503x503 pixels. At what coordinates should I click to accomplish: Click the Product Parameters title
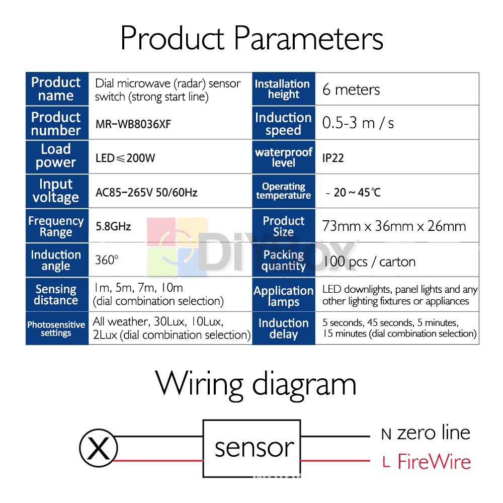[252, 39]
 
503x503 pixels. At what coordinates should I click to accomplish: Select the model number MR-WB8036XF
[133, 124]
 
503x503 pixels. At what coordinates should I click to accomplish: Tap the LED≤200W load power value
[125, 158]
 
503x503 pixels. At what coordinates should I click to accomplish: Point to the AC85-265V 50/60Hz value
[146, 192]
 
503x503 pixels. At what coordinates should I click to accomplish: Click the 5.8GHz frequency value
[113, 226]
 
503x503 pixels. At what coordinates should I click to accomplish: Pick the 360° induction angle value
[107, 260]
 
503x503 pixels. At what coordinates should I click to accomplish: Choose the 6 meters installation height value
[351, 90]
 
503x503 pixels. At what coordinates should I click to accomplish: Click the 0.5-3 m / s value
[358, 123]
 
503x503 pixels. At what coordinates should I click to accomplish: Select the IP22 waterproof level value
[333, 158]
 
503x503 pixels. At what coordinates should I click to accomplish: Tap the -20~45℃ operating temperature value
[353, 193]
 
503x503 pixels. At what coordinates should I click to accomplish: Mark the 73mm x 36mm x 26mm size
[394, 226]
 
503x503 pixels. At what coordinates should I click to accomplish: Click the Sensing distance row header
[56, 294]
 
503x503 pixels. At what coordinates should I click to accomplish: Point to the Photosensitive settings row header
[56, 328]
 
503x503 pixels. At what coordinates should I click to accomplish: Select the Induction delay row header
[284, 328]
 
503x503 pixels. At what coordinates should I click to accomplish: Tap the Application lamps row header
[284, 295]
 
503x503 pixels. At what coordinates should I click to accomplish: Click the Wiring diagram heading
[256, 385]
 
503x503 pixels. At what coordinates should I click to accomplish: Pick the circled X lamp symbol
[99, 448]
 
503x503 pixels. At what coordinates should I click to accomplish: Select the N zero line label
[426, 434]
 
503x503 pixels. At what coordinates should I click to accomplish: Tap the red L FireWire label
[427, 462]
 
